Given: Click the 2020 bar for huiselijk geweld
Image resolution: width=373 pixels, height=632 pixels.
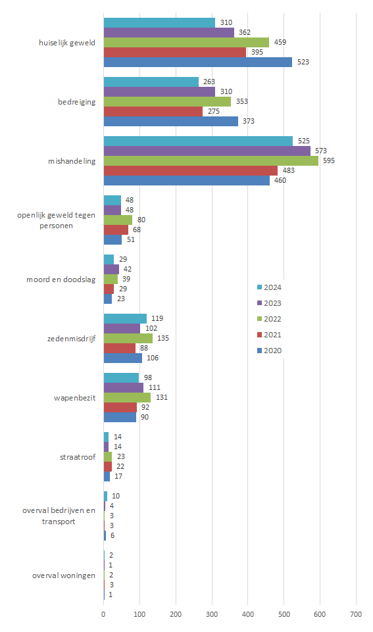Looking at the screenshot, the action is pyautogui.click(x=198, y=62).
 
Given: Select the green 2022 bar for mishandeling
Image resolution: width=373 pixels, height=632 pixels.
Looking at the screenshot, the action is pyautogui.click(x=211, y=161).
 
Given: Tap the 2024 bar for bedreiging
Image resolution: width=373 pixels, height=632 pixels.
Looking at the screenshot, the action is pyautogui.click(x=151, y=82).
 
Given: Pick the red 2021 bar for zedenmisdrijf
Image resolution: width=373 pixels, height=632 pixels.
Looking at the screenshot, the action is pyautogui.click(x=120, y=349).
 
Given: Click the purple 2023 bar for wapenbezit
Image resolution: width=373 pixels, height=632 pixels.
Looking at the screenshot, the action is pyautogui.click(x=124, y=388).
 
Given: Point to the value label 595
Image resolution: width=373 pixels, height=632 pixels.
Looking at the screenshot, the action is pyautogui.click(x=329, y=161).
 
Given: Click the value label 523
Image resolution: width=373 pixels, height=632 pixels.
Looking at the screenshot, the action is pyautogui.click(x=303, y=62).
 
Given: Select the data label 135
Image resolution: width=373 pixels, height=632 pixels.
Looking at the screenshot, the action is pyautogui.click(x=163, y=338).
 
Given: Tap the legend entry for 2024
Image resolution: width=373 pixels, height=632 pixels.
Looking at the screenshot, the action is pyautogui.click(x=269, y=287).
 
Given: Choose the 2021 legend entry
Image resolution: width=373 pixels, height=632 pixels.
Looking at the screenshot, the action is pyautogui.click(x=269, y=335).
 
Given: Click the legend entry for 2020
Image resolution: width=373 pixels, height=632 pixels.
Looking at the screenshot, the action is pyautogui.click(x=269, y=351).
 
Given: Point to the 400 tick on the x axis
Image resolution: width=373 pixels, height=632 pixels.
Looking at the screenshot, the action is pyautogui.click(x=248, y=614).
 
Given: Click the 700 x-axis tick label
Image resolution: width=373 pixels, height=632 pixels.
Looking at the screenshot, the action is pyautogui.click(x=356, y=614).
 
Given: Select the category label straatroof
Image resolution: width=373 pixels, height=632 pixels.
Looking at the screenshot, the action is pyautogui.click(x=78, y=457).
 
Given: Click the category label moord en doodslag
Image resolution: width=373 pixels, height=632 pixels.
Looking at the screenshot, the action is pyautogui.click(x=61, y=280).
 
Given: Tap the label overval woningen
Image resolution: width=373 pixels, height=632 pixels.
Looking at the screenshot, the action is pyautogui.click(x=64, y=575).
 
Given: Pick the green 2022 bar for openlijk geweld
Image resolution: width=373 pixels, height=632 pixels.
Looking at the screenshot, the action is pyautogui.click(x=118, y=220).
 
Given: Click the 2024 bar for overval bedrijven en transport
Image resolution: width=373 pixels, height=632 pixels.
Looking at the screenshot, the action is pyautogui.click(x=106, y=496).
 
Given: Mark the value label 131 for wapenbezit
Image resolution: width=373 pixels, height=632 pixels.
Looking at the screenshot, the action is pyautogui.click(x=162, y=397).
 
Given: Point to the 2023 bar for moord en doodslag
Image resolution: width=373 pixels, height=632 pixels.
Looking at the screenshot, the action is pyautogui.click(x=112, y=269).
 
